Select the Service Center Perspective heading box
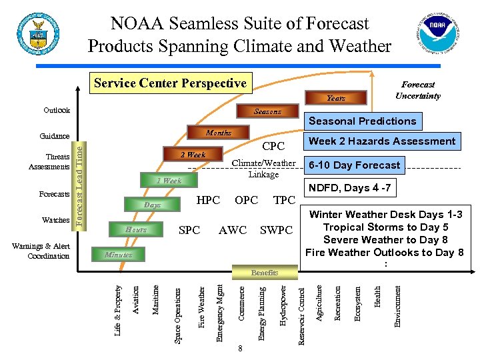(x=170, y=84)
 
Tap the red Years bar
(x=335, y=98)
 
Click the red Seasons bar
(x=267, y=111)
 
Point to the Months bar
(x=218, y=133)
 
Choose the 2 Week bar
(x=193, y=155)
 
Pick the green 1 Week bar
(x=169, y=181)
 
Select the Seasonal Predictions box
(x=363, y=121)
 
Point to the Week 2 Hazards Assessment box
(x=383, y=141)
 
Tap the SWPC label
(x=276, y=231)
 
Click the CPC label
(x=273, y=146)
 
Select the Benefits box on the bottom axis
(x=265, y=273)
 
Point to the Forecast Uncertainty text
(x=418, y=90)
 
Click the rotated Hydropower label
(x=283, y=305)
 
